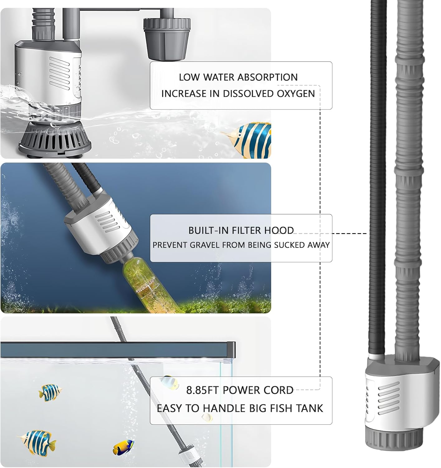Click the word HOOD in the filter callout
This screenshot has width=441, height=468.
(279, 231)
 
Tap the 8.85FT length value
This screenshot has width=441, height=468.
(203, 390)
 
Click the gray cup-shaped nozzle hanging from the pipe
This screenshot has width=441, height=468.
(166, 39)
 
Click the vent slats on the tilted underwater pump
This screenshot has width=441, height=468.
(108, 222)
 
